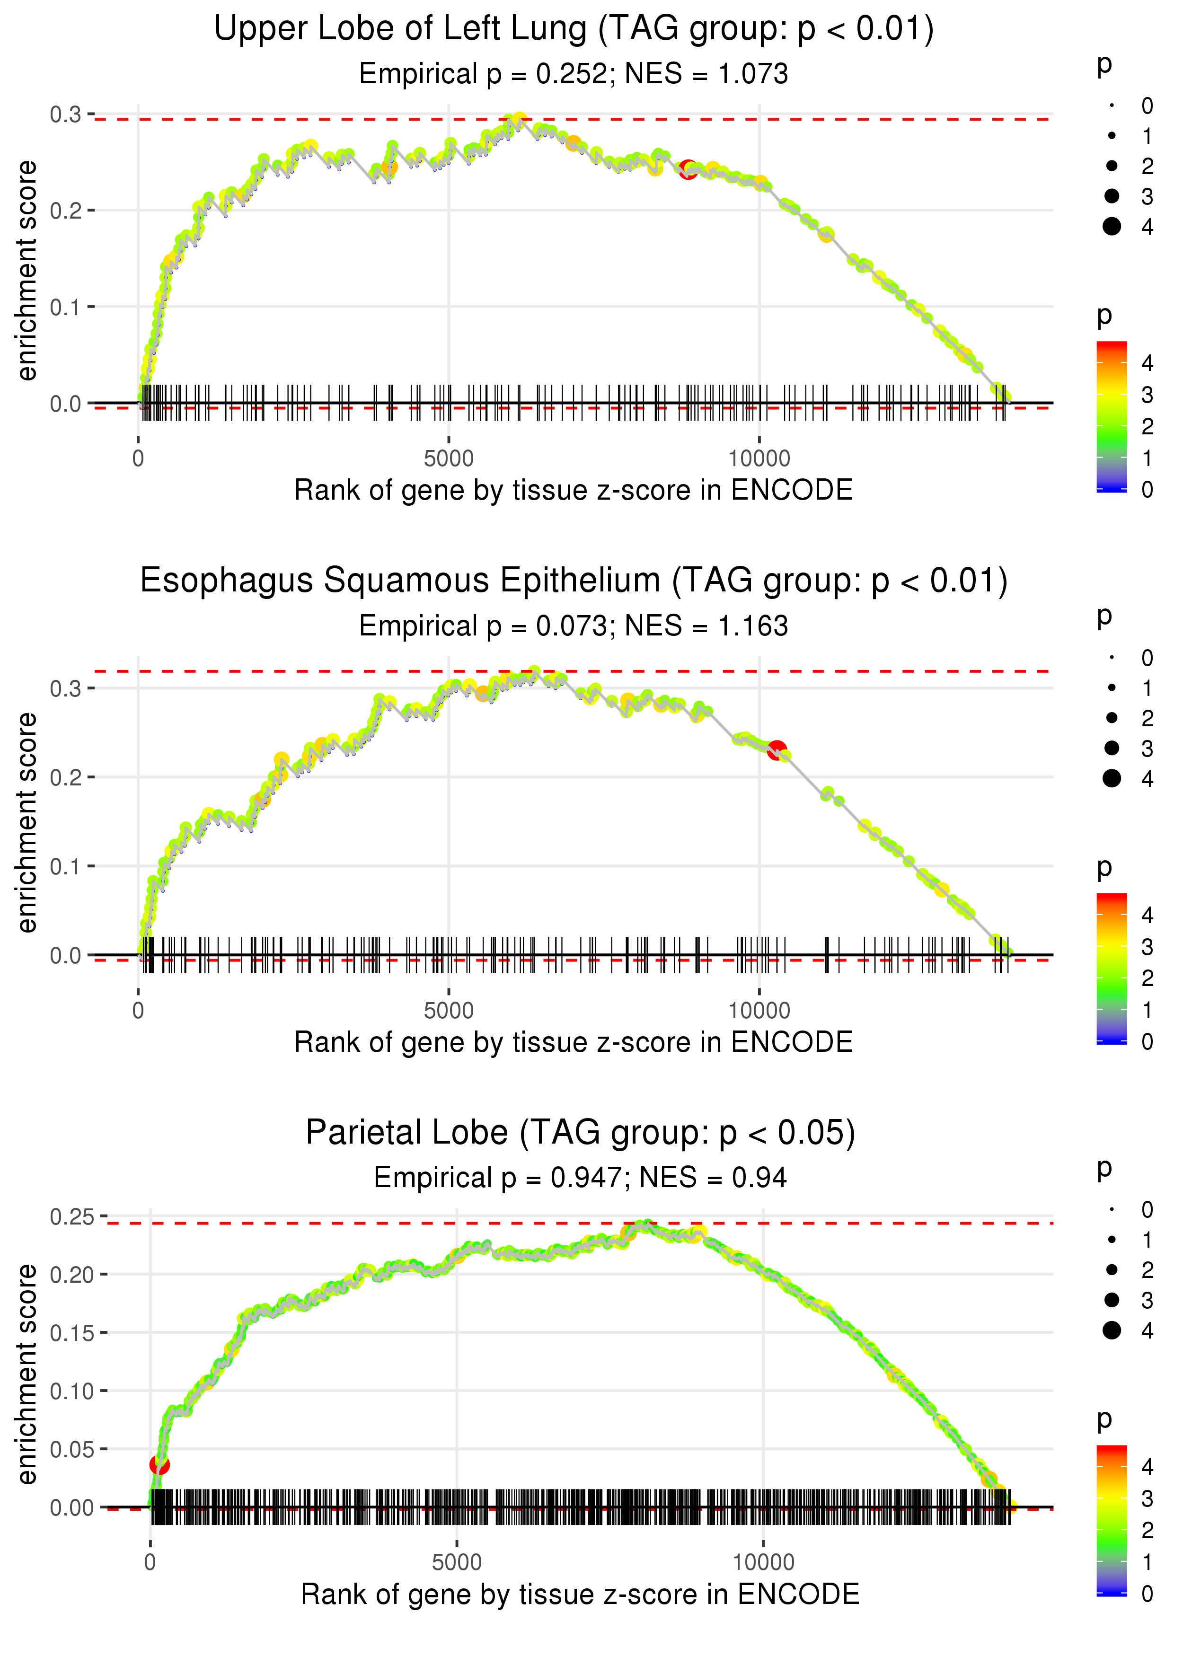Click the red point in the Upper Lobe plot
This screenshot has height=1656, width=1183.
tap(688, 170)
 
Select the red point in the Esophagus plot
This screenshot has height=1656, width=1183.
tap(777, 749)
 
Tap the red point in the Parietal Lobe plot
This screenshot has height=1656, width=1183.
tap(159, 1464)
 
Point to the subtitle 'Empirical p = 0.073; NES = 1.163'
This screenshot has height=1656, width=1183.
tap(574, 626)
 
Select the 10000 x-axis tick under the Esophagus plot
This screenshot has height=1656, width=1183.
tap(759, 1011)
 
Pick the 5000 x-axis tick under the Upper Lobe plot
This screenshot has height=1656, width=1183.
tap(449, 459)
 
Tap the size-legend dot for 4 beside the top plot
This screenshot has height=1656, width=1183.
tap(1112, 227)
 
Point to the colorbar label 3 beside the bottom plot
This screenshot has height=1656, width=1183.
tap(1147, 1499)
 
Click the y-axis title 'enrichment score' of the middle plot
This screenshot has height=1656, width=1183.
tap(27, 822)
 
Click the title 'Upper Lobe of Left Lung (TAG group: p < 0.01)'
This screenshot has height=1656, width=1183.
tap(574, 29)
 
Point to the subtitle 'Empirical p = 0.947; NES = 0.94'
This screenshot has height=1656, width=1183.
tap(581, 1178)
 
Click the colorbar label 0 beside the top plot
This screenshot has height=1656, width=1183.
tap(1147, 489)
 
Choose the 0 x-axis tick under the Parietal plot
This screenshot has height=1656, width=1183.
tap(150, 1562)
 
